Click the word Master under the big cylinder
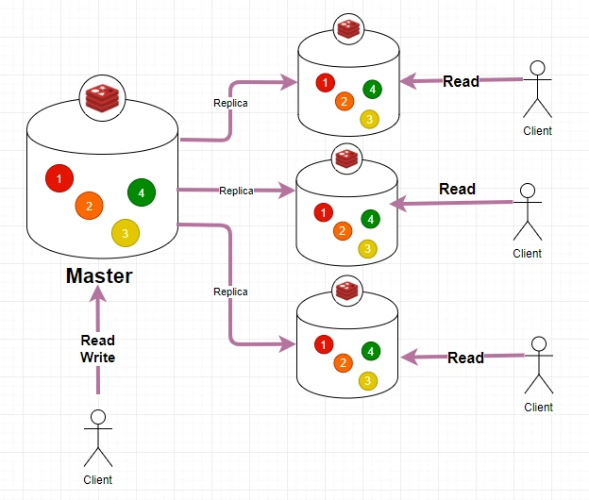(99, 276)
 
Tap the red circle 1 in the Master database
(59, 178)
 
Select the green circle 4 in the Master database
(141, 192)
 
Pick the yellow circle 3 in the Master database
(125, 233)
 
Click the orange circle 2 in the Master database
(89, 206)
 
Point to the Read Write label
(97, 349)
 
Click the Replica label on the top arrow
(231, 103)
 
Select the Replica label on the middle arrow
(236, 191)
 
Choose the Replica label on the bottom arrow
(231, 292)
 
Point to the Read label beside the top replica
(461, 81)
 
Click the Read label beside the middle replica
(457, 189)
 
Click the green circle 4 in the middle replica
(371, 219)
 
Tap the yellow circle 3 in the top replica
(369, 119)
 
